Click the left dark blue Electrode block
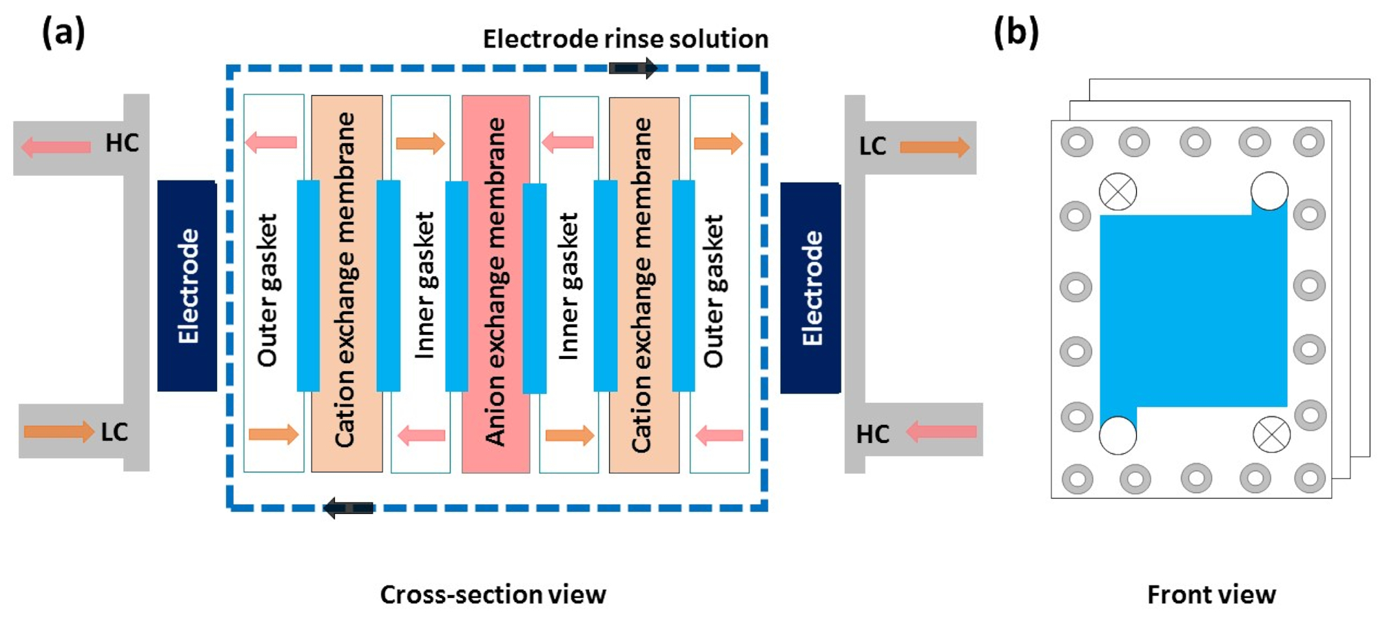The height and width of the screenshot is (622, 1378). (187, 286)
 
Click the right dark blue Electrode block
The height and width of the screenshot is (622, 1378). (810, 288)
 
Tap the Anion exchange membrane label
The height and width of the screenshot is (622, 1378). (495, 282)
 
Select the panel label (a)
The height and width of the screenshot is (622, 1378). (63, 32)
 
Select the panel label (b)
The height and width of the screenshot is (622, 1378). (1016, 32)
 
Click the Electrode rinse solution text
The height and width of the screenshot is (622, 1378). (625, 39)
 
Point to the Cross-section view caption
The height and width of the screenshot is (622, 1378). (493, 594)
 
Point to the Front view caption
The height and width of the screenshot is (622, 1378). (1211, 594)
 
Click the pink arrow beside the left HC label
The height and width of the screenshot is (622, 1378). (56, 147)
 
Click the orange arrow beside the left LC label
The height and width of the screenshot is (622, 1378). (59, 432)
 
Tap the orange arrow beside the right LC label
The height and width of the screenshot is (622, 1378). (935, 147)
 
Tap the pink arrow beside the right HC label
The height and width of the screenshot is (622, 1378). (941, 432)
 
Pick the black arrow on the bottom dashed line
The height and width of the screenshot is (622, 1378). (349, 508)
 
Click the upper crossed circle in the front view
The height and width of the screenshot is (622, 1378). (1118, 191)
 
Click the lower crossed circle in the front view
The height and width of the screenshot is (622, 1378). (1271, 435)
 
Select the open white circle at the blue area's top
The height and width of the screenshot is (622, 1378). (1269, 191)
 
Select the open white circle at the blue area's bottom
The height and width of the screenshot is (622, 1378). (1118, 435)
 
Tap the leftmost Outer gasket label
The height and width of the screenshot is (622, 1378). (267, 289)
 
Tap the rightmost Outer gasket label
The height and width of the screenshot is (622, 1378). (714, 291)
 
